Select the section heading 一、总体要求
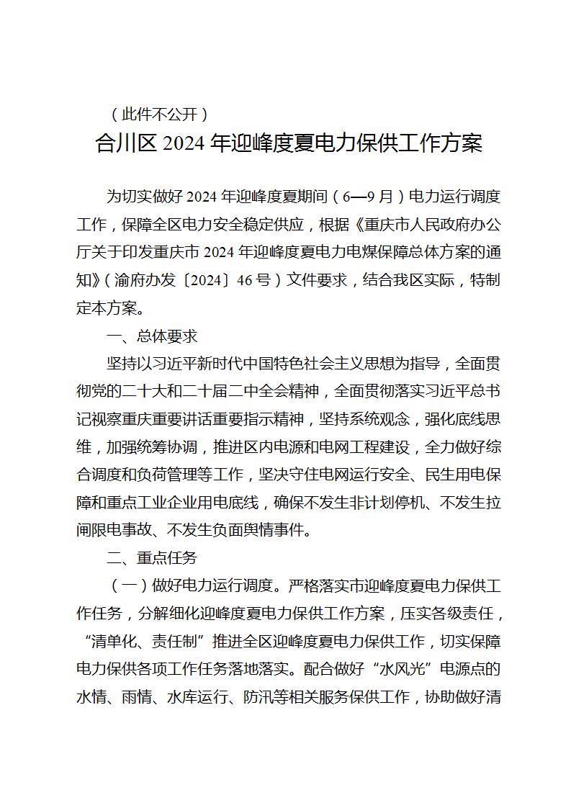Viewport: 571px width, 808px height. [151, 336]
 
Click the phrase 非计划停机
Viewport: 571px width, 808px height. [372, 503]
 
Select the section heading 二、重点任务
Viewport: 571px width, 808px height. [151, 559]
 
